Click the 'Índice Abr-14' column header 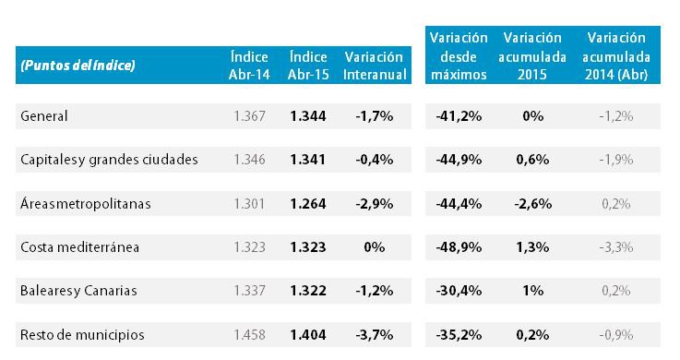[249, 66]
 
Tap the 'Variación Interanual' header [375, 66]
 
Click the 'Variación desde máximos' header [458, 56]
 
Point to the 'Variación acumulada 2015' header [532, 56]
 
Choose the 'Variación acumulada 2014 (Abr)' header [617, 56]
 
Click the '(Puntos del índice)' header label [78, 66]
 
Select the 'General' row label [44, 116]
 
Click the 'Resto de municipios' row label [82, 334]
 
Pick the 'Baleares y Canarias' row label [78, 291]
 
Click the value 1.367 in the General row [249, 116]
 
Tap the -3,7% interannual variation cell [374, 334]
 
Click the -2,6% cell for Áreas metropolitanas [532, 204]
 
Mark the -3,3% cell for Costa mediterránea [615, 247]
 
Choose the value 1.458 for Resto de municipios [249, 334]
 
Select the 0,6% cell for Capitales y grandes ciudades [532, 160]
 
